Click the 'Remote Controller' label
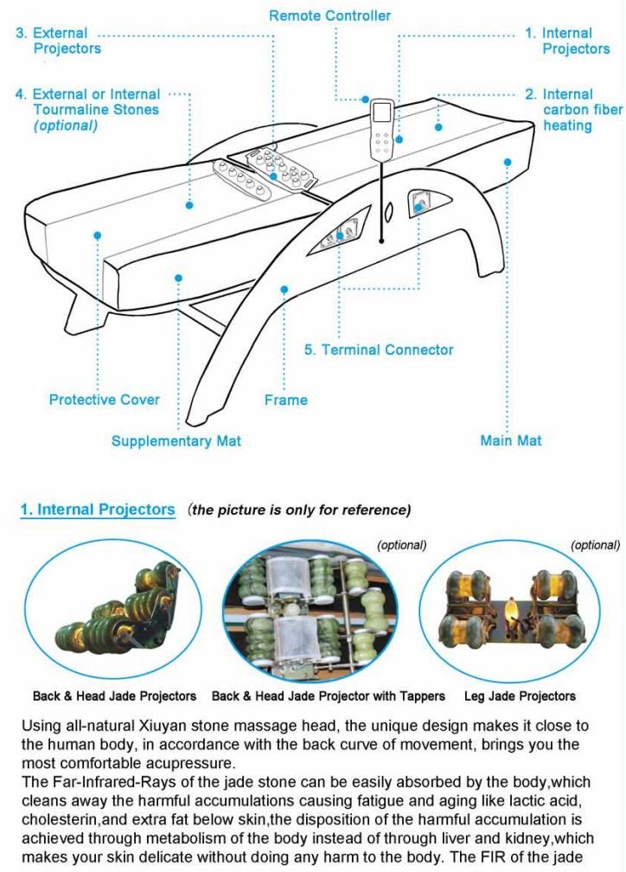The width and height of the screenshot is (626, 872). pos(329,16)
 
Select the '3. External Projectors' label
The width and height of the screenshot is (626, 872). pos(58,41)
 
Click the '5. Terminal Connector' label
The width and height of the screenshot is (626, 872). pos(379,349)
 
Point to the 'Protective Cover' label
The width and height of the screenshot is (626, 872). pos(104,400)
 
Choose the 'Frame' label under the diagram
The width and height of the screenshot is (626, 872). pos(285,400)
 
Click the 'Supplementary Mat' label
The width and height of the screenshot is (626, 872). pos(176,441)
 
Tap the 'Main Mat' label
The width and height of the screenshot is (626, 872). pos(510,441)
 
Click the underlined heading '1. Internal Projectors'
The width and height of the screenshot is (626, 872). pos(98,510)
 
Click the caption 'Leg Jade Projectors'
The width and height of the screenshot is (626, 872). pos(520,696)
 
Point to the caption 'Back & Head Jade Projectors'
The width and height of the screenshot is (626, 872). pos(114,696)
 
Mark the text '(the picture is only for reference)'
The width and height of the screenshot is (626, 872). pos(300,510)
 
